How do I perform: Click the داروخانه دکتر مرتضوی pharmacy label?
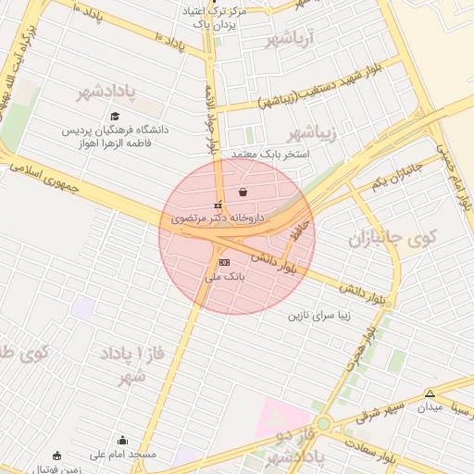218,218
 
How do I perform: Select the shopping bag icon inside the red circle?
243,193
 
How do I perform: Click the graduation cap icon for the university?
115,116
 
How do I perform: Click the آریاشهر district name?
291,40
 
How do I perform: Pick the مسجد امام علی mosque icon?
123,440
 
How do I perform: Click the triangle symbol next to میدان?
430,393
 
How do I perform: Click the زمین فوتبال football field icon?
57,455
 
